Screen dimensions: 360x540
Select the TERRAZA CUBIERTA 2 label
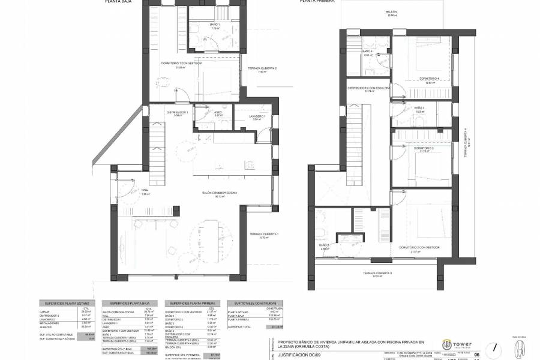point(263,68)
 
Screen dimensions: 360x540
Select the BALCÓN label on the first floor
point(392,12)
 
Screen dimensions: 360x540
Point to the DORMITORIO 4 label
point(429,79)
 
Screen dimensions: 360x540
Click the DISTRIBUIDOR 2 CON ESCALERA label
point(369,88)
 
